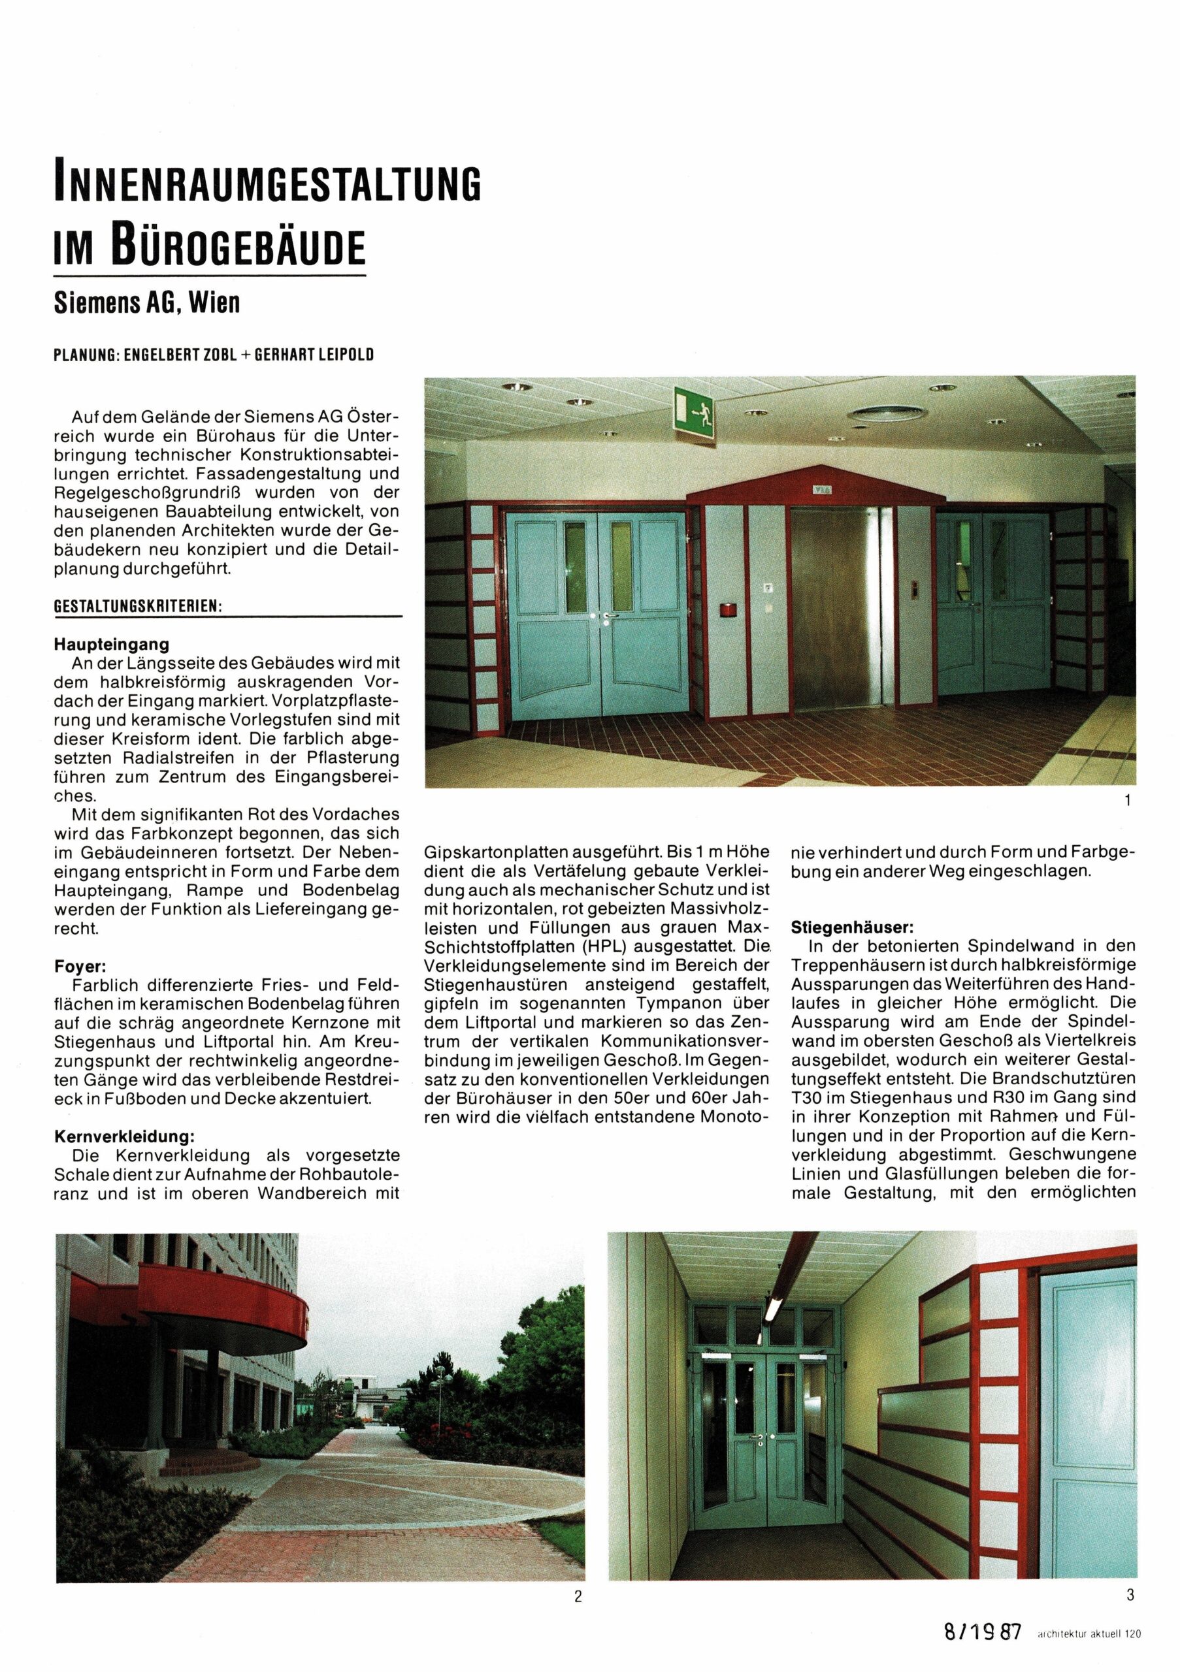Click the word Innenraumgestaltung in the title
tap(268, 185)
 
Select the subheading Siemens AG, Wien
tap(146, 303)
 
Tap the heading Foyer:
tap(81, 967)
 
